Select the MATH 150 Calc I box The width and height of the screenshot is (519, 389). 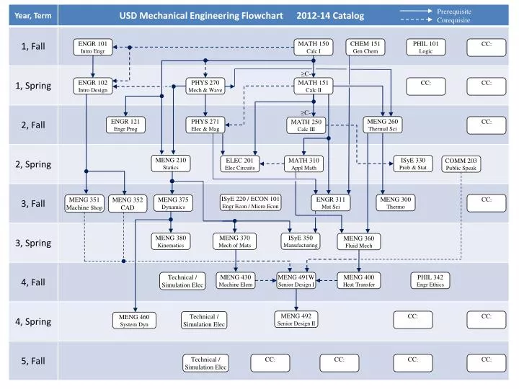point(314,48)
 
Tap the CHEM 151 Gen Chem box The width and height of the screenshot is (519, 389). point(365,48)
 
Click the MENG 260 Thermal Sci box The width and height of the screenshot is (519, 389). point(382,125)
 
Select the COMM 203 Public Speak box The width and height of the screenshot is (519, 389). point(461,164)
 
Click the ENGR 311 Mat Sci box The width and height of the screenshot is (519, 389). point(331,203)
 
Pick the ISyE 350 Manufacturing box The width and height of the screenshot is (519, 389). point(301,241)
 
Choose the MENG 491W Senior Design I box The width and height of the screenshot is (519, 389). point(296,281)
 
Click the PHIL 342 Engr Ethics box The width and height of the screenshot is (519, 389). point(430,281)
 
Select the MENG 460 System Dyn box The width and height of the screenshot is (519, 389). point(134,321)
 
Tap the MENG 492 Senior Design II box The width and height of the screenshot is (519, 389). point(296,319)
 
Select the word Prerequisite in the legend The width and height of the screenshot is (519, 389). point(454,12)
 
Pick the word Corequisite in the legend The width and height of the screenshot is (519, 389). point(453,20)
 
